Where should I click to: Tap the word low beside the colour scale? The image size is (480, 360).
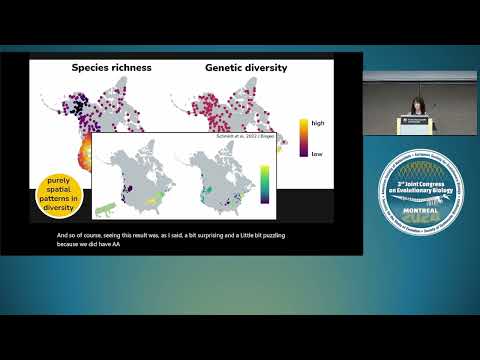317,155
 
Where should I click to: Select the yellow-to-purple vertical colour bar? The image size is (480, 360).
302,138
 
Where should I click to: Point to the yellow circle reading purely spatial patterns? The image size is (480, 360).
59,196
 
